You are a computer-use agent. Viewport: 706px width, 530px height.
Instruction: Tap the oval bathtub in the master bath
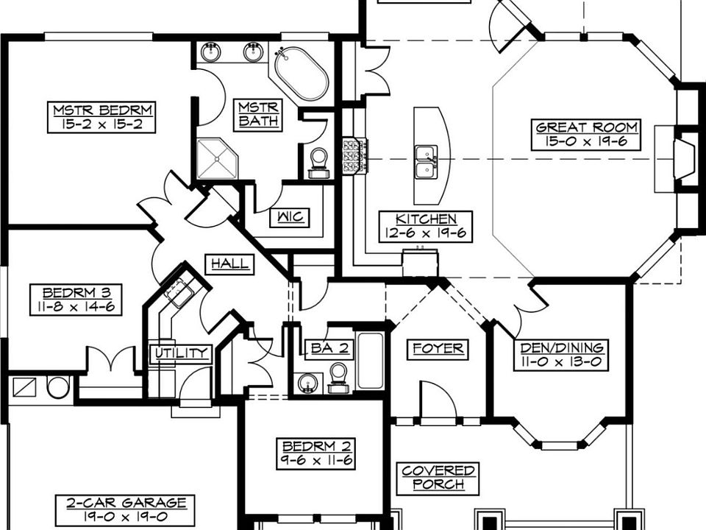tap(302, 74)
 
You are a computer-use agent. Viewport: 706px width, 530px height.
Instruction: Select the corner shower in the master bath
tap(218, 159)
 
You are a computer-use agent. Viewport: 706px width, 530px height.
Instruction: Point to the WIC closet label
tap(290, 217)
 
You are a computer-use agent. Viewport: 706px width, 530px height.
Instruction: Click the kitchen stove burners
tap(355, 156)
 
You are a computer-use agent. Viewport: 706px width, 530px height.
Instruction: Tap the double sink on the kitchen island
tap(426, 163)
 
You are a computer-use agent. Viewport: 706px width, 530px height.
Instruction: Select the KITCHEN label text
tap(426, 219)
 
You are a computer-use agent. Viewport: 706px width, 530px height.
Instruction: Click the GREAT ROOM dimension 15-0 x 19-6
tap(586, 142)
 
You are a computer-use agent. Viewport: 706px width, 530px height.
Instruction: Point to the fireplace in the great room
tap(684, 159)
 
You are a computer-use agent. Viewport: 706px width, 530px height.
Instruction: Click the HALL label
tap(229, 264)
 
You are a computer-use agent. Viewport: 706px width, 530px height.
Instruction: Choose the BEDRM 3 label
tap(76, 292)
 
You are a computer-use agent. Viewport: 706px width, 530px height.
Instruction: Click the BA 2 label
tap(330, 348)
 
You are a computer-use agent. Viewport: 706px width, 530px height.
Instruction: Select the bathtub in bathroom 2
tap(371, 361)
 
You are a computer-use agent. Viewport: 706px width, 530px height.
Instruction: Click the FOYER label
tap(438, 349)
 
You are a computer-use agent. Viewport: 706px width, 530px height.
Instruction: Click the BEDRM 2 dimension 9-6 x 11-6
tap(315, 461)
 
